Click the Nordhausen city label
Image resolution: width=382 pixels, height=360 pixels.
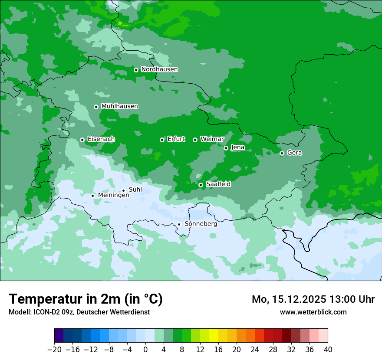point(159,69)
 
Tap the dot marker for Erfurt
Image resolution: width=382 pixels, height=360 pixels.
point(162,140)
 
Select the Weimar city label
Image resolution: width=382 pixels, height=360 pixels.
point(212,139)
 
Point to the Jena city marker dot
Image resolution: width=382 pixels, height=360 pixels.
point(226,148)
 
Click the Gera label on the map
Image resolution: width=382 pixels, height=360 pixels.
point(294,153)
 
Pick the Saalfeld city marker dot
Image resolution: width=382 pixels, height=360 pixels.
point(201,185)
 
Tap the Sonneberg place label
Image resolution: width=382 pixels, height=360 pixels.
point(201,224)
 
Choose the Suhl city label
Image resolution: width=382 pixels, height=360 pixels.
point(135,190)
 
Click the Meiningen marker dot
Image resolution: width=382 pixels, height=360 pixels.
point(92,196)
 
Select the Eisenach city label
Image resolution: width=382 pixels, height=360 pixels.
point(101,139)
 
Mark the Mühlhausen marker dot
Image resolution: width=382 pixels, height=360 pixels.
point(96,107)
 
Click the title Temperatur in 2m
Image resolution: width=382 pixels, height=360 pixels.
point(86,299)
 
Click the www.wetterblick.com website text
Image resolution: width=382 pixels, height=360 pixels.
point(313,312)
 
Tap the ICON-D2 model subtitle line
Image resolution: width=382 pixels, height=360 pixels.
point(79,312)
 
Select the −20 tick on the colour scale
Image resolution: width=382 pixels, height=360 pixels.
point(54,349)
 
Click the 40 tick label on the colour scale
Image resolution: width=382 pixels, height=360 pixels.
point(328,349)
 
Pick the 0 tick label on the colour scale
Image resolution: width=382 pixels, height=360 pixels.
point(145,349)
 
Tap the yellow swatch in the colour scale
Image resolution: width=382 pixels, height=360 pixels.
point(214,336)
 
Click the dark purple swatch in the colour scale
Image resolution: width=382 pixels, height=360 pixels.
point(59,336)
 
